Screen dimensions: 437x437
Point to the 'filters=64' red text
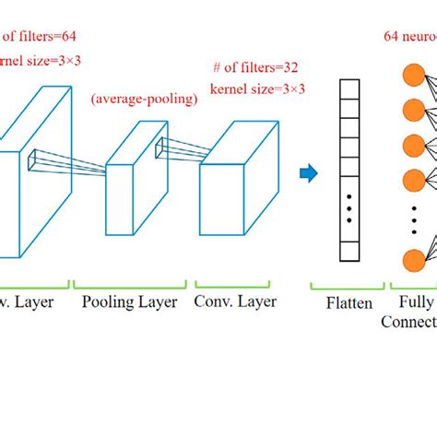[x=36, y=37]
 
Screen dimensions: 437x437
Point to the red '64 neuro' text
[x=410, y=37]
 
